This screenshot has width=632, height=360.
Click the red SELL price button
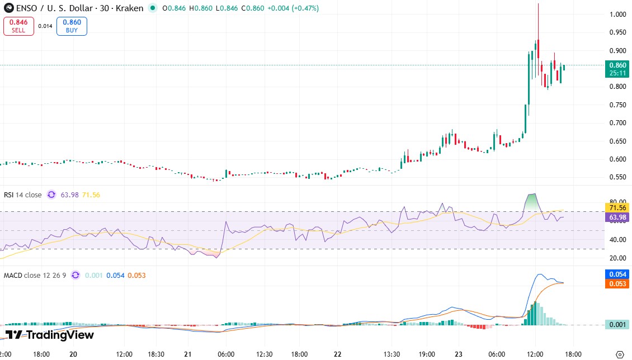pos(18,26)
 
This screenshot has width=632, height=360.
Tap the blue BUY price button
pos(72,26)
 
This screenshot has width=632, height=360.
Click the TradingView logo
pos(50,335)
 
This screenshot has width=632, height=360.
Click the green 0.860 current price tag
pos(617,65)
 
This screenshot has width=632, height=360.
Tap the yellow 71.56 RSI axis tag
pos(617,207)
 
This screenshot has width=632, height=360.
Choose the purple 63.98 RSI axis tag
pos(617,217)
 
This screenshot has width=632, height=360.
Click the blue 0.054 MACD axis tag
pos(617,274)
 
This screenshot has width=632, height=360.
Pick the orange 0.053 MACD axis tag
pos(617,284)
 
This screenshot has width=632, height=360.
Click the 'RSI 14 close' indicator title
pos(23,195)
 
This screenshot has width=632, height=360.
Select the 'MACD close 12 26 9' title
pos(35,275)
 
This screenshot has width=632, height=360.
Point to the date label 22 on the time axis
pos(337,354)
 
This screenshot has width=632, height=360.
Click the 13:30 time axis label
pos(392,354)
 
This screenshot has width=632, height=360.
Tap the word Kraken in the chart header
pos(130,8)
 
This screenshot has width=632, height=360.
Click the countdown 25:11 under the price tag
pos(617,73)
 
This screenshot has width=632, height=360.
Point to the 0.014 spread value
pos(45,26)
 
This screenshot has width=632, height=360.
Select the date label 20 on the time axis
pos(73,354)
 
